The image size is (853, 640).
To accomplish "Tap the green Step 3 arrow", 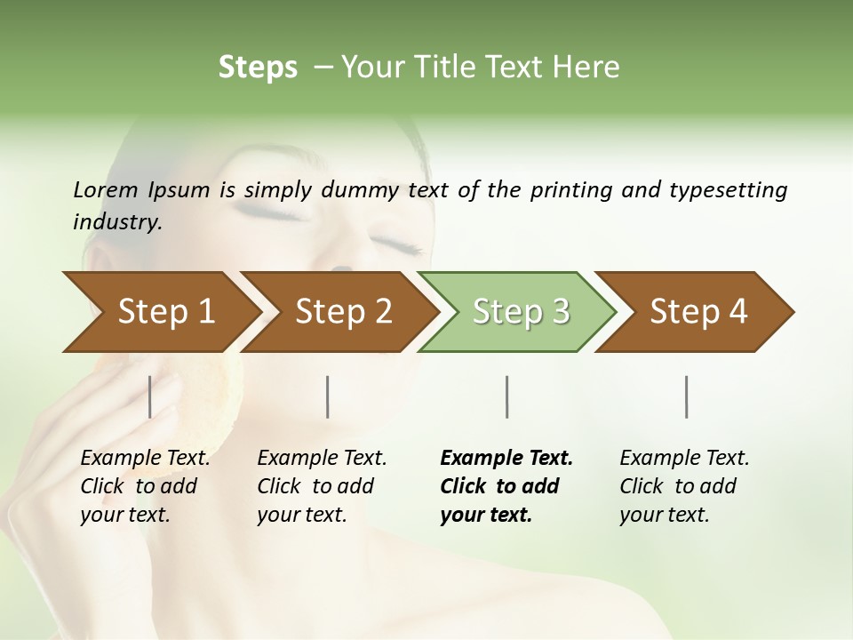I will pos(521,312).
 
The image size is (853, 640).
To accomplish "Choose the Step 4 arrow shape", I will pos(698,312).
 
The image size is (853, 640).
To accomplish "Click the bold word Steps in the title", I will pos(258,68).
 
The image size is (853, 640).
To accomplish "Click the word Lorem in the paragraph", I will pos(106,189).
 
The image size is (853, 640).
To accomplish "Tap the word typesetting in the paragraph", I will pos(728,190).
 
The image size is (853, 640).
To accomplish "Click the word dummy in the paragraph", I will pos(360,190).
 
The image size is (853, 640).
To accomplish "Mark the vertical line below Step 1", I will pos(150,396).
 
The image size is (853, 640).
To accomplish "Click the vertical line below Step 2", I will pos(328,396).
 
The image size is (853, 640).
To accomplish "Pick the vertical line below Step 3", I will pos(507,396).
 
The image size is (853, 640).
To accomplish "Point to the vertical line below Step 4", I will pos(687,396).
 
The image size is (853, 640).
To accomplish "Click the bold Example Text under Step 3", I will pos(506,459).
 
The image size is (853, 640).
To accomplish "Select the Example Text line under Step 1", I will pos(145,459).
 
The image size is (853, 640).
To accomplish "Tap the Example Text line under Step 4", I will pos(684,459).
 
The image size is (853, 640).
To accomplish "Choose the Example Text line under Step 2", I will pos(322,459).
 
